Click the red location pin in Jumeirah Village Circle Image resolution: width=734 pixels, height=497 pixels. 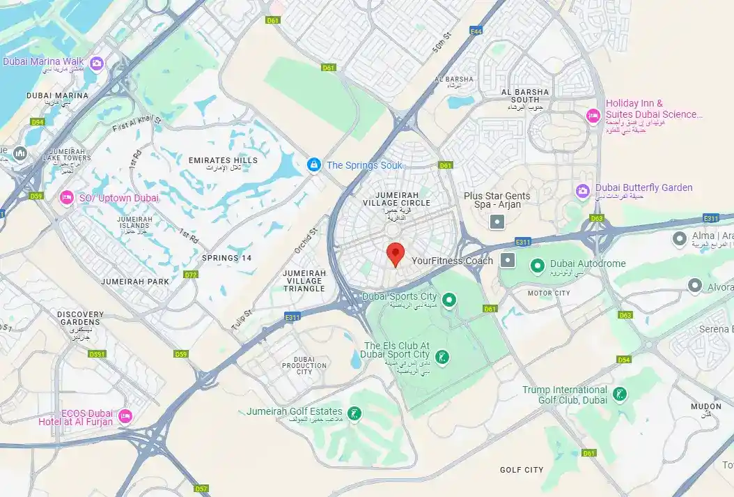coord(396,254)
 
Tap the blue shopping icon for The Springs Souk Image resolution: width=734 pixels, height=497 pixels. coord(315,165)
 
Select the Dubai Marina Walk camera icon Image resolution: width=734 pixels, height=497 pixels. coord(96,62)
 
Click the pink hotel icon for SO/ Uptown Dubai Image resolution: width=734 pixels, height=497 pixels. coord(67,198)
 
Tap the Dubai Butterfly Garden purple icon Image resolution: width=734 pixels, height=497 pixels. coord(583,190)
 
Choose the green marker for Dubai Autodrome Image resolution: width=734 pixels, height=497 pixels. coord(537,265)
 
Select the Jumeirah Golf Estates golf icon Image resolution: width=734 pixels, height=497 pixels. coord(354,414)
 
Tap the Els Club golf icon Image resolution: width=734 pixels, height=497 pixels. coord(442,358)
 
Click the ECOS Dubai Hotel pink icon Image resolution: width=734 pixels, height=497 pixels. coord(125,416)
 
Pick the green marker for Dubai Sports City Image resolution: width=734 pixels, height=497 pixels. coord(450,300)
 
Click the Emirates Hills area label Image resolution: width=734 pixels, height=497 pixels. coord(223,160)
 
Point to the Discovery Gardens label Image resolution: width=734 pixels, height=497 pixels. coord(79,319)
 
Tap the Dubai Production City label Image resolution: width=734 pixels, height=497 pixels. coord(304,365)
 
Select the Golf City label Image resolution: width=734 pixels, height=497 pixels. coord(522,470)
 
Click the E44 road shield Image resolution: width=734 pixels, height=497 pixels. coord(476,31)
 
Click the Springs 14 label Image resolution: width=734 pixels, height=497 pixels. coord(226,258)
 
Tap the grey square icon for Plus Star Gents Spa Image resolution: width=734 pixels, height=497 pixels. coord(497,222)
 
